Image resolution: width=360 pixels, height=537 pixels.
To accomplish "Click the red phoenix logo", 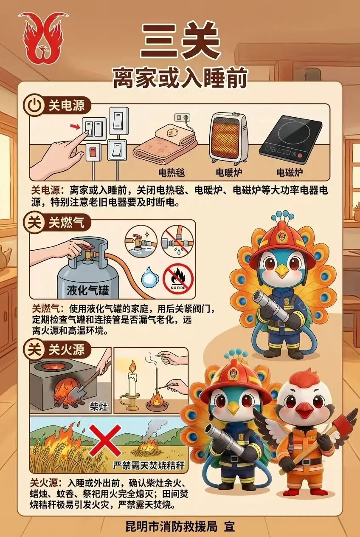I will point(43,38).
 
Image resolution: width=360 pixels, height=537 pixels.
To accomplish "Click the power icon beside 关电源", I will point(34,106).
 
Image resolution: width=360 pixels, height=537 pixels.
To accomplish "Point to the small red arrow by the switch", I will point(75,126).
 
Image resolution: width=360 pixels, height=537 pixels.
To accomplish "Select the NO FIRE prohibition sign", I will point(178,279).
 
